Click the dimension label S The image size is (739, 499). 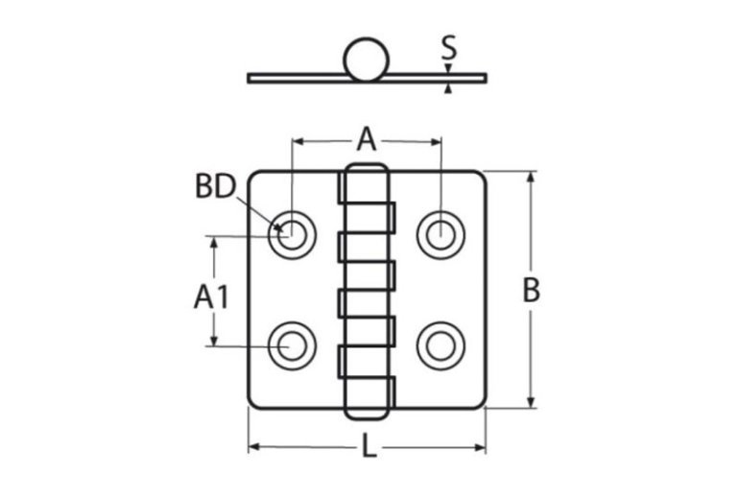coord(448,47)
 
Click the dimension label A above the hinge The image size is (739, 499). coord(367,140)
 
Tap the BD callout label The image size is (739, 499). coord(216,186)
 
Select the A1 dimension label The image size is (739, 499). coord(211,297)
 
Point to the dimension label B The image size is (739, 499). coord(531,290)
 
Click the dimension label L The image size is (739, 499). coord(368,445)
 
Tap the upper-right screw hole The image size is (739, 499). coord(441,232)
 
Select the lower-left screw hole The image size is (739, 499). coord(291,345)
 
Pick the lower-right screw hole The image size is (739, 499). coord(441,345)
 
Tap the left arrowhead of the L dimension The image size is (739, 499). coord(254,447)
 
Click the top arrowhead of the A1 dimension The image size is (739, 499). coord(215,241)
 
